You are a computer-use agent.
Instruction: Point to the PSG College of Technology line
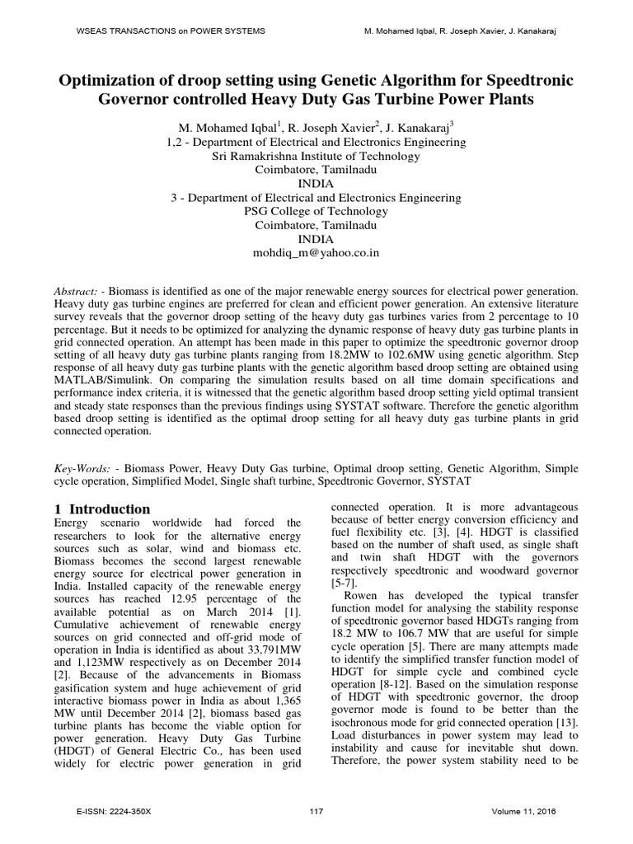click(x=316, y=211)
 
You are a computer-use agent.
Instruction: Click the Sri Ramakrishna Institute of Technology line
click(x=316, y=155)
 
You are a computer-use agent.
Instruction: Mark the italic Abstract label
click(x=76, y=293)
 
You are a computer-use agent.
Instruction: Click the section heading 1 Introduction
click(x=101, y=509)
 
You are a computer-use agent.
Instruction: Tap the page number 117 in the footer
click(x=316, y=812)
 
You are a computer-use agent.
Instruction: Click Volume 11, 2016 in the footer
click(x=523, y=812)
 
